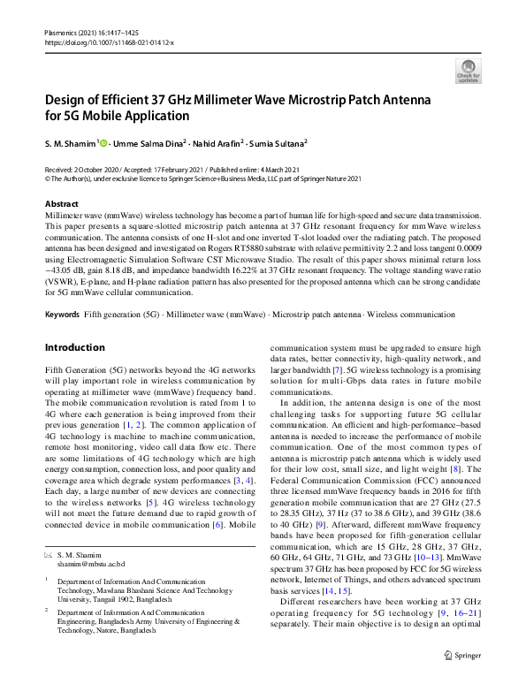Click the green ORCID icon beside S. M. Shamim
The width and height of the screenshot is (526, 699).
[103, 143]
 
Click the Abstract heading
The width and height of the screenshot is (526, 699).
[61, 203]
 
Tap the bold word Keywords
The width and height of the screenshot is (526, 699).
[61, 314]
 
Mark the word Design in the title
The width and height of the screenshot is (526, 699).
[70, 99]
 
